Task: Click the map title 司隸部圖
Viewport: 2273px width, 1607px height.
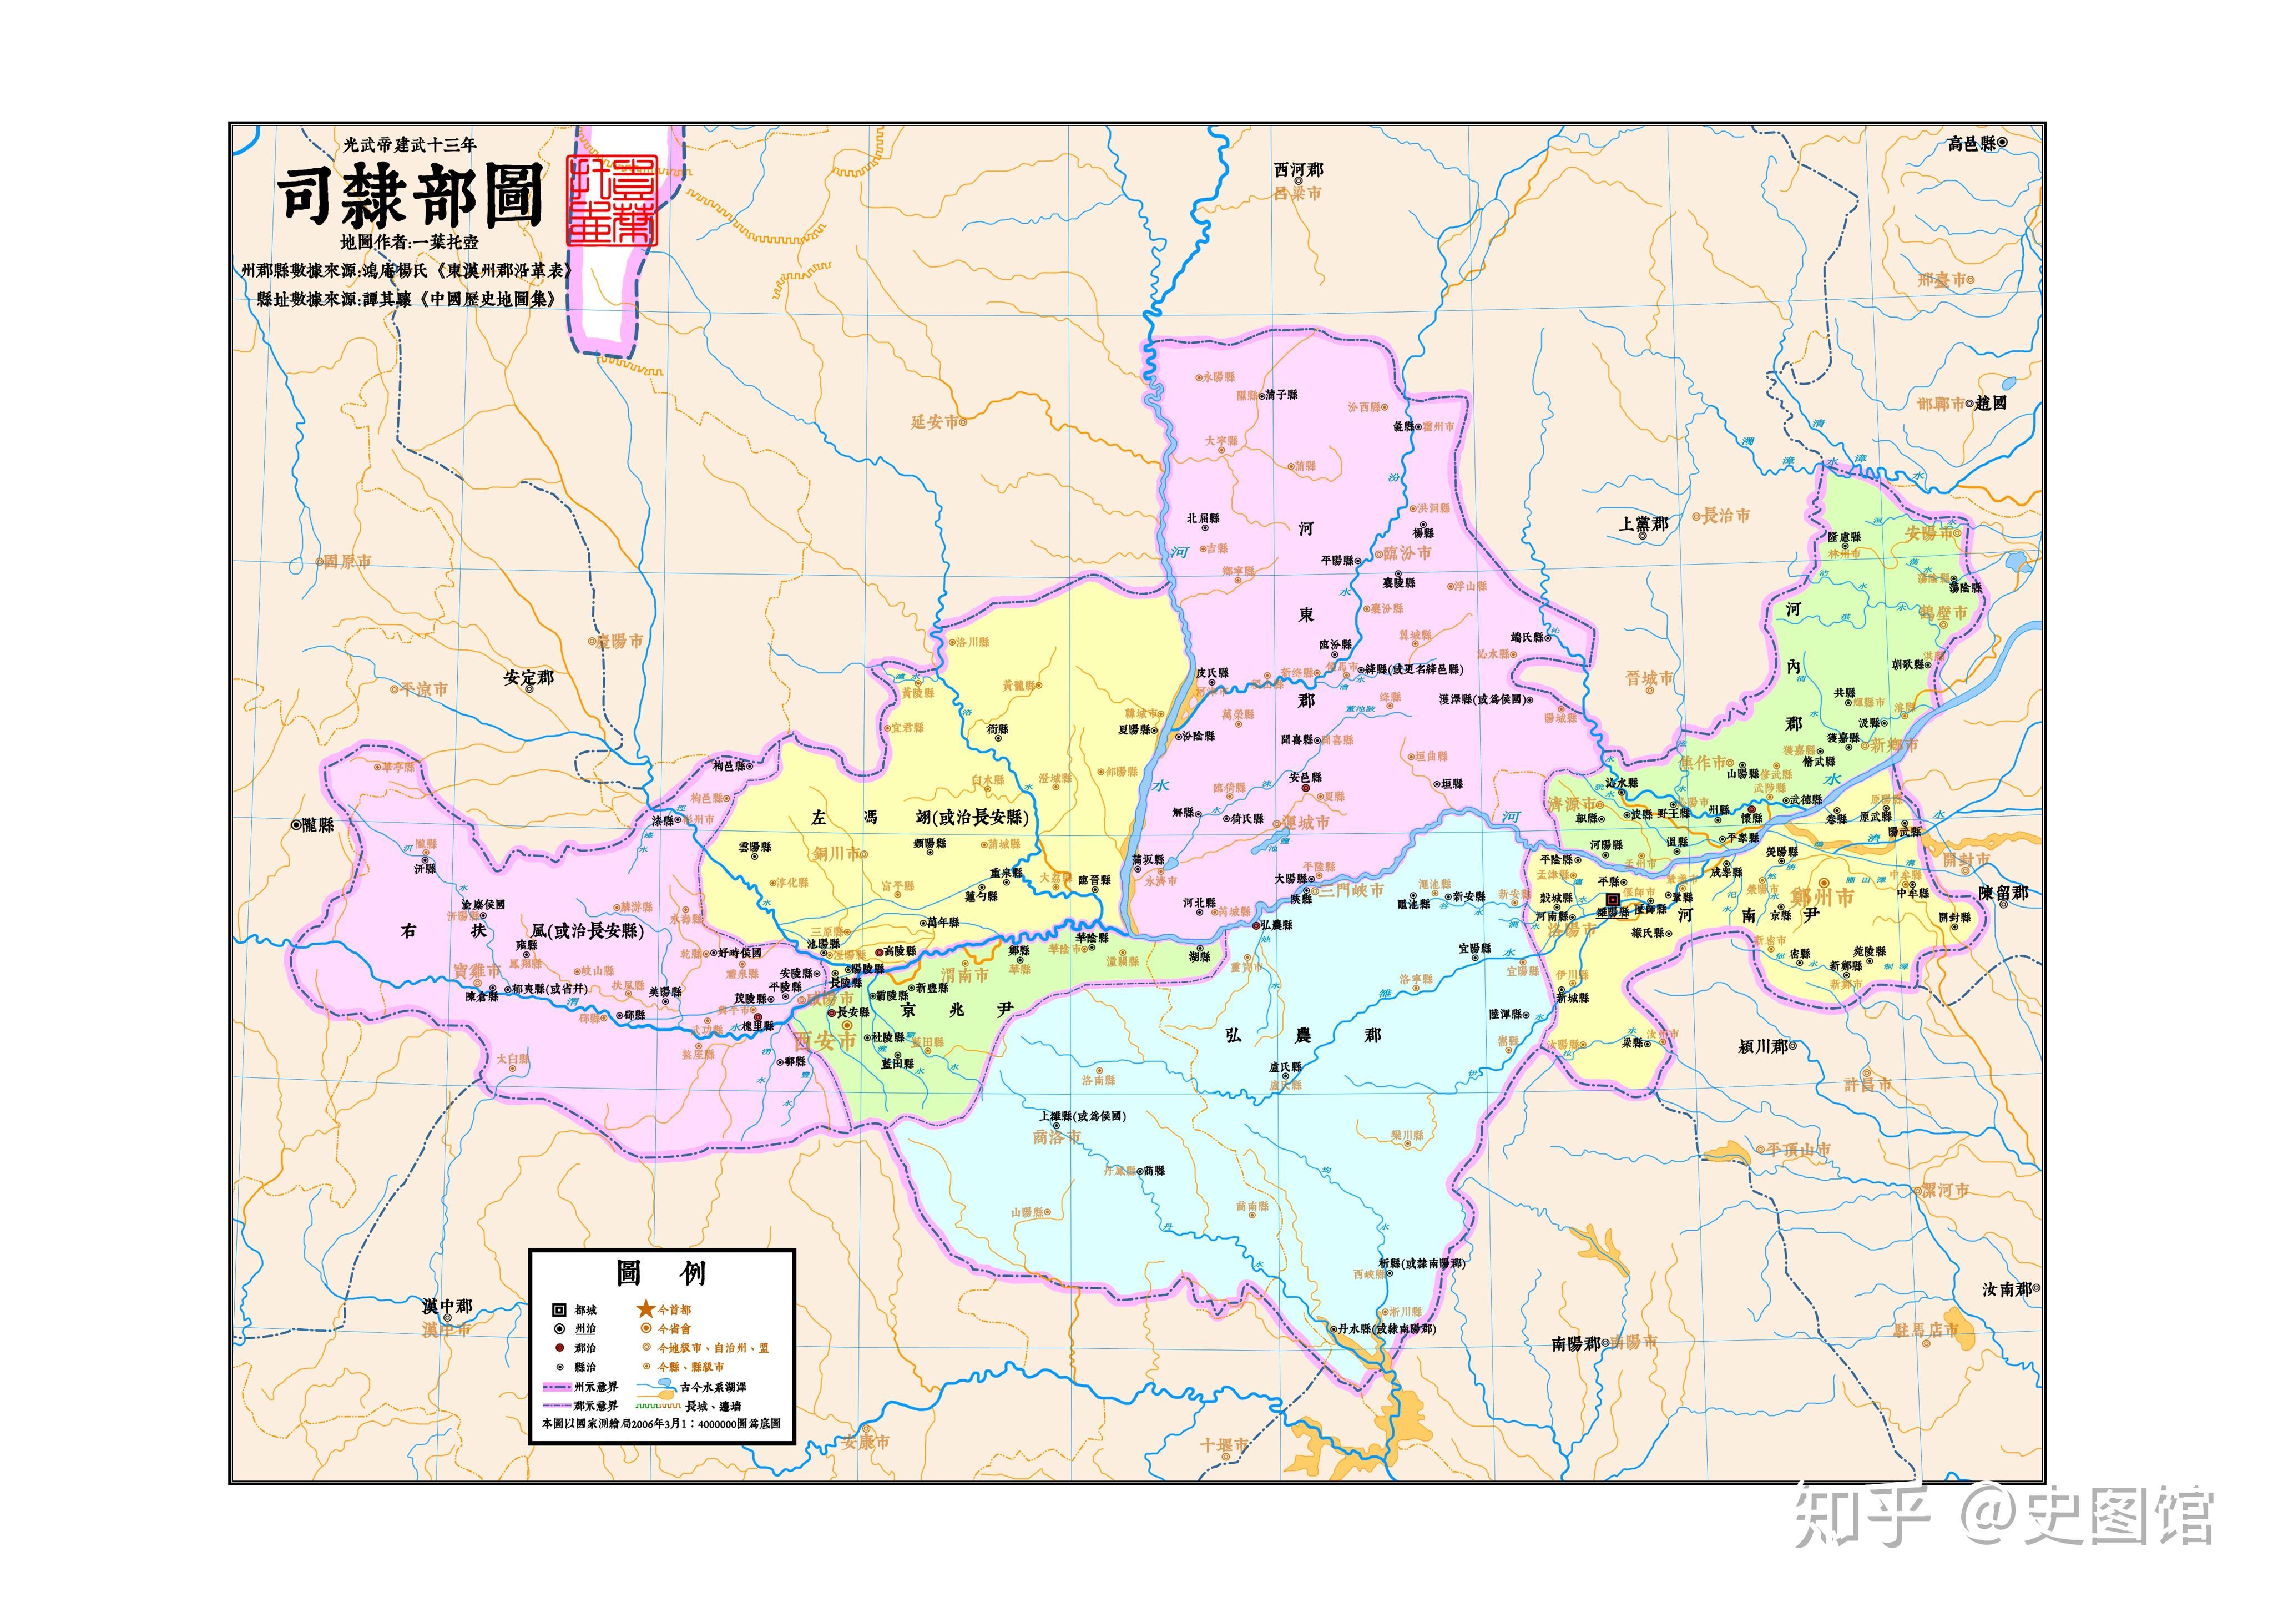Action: coord(410,195)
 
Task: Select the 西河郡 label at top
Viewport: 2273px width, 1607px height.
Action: coord(1298,170)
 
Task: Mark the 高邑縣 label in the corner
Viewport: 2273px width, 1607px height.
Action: coord(1972,144)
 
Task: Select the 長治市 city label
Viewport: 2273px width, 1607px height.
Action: coord(1725,515)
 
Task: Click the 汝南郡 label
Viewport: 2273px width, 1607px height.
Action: coord(2005,1289)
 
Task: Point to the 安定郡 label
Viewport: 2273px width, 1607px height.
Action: coord(529,678)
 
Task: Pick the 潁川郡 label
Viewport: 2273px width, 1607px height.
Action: coord(1762,1046)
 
